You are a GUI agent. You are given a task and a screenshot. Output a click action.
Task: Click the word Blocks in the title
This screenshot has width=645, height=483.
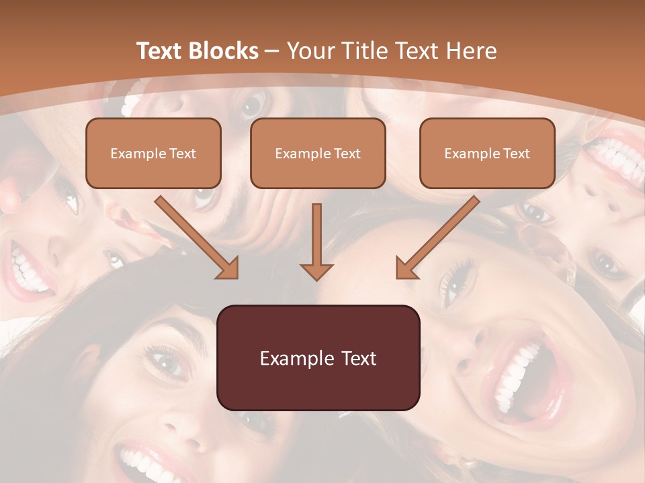tap(223, 51)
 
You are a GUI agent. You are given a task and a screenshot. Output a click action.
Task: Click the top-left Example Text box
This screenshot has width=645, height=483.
tap(153, 153)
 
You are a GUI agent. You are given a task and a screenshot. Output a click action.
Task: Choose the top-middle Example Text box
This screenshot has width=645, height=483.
tap(318, 153)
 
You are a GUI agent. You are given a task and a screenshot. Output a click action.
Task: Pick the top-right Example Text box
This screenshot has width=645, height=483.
tap(487, 153)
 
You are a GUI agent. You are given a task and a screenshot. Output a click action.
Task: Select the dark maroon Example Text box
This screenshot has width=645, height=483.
tap(318, 358)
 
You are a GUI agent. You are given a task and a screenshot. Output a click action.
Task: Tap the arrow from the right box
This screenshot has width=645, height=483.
tap(440, 235)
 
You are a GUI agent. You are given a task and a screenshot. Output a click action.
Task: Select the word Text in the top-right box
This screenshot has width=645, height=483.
tap(516, 154)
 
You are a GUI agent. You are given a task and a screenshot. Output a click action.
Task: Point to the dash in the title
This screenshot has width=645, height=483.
tap(272, 51)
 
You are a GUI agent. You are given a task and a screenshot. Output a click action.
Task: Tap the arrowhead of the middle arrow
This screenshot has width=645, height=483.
tap(316, 271)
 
